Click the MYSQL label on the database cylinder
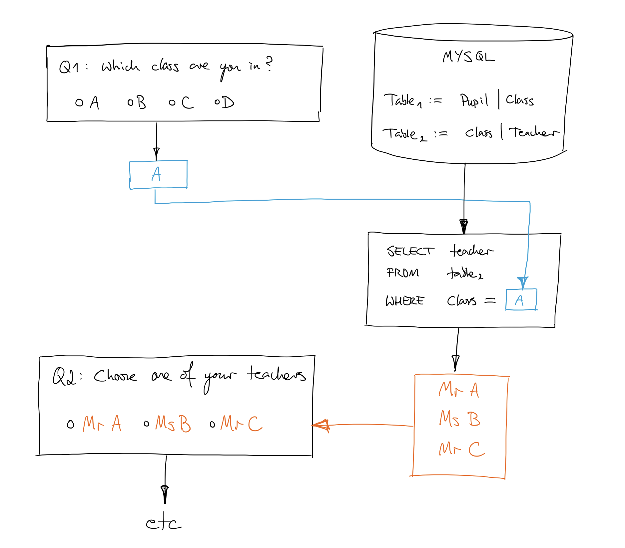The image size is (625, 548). (x=468, y=57)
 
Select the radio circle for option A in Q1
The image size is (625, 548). (x=79, y=102)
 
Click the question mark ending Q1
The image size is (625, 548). (x=269, y=64)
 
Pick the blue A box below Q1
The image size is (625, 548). (x=158, y=175)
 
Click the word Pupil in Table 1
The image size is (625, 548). (x=474, y=100)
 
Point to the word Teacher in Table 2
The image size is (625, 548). (x=534, y=132)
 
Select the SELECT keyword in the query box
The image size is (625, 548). (x=410, y=251)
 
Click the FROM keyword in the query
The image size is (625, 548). (x=403, y=273)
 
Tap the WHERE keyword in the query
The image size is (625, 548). (x=405, y=301)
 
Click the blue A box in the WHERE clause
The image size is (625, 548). (x=521, y=300)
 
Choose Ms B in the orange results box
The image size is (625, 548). (x=460, y=419)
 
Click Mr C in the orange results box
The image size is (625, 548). (x=462, y=449)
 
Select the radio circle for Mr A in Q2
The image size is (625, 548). (x=70, y=424)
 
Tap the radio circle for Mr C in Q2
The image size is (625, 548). (x=212, y=424)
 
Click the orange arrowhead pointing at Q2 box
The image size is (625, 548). (x=320, y=426)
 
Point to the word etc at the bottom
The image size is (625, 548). (x=164, y=522)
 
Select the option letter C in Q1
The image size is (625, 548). (x=188, y=102)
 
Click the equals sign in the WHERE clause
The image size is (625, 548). (x=490, y=300)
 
